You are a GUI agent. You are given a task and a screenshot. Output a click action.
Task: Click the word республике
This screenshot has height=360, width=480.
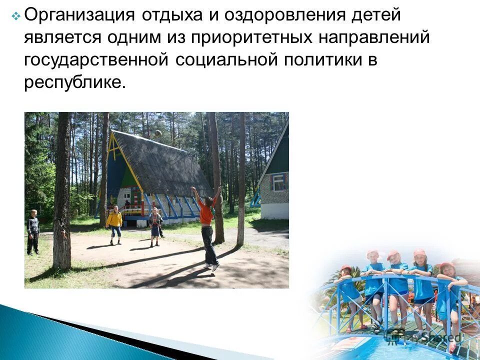[x=73, y=81]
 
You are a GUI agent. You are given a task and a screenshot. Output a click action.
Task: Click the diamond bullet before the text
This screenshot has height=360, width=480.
[x=15, y=16]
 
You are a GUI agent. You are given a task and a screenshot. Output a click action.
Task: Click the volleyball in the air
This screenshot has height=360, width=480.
[x=158, y=133]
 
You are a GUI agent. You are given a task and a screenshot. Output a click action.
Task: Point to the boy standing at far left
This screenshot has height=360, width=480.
[x=33, y=231]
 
